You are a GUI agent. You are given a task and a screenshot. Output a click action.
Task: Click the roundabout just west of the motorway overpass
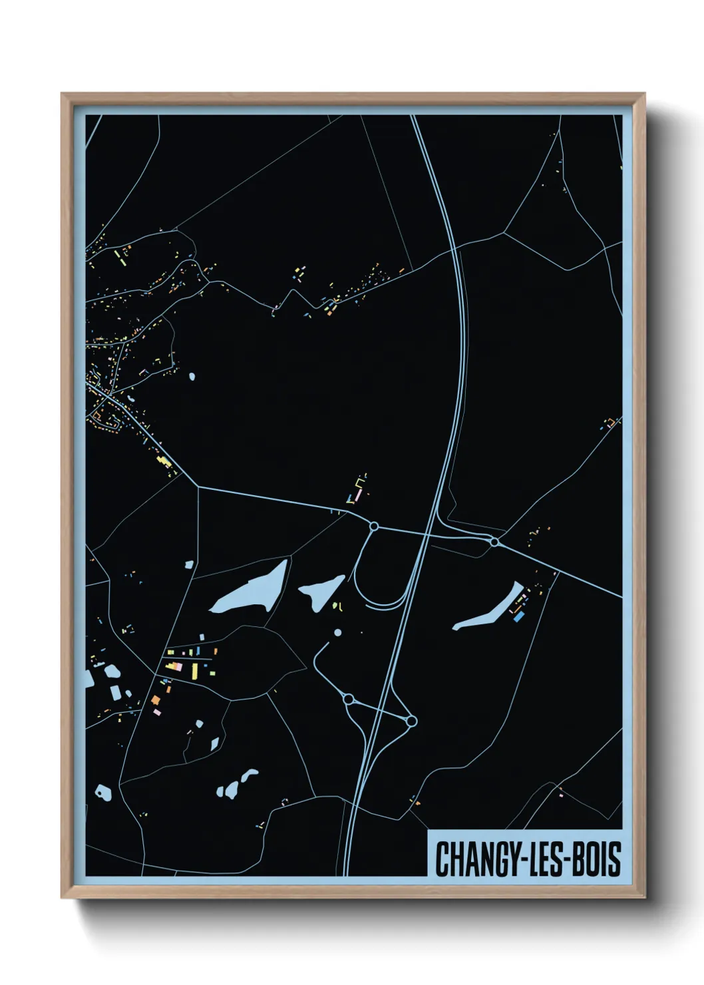click(x=374, y=526)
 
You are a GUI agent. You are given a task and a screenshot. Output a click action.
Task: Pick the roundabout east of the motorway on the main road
click(x=494, y=542)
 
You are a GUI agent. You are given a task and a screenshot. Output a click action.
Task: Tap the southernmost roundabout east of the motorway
click(x=411, y=721)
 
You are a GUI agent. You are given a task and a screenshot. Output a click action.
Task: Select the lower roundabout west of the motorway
click(x=347, y=699)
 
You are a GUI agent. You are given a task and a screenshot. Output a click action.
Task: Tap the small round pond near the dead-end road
click(x=337, y=632)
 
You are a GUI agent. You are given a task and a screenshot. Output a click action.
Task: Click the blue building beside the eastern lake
click(x=518, y=617)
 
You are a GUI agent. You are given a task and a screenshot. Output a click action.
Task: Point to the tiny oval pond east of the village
click(x=192, y=377)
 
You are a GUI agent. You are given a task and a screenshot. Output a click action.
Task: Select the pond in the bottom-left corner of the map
click(x=102, y=792)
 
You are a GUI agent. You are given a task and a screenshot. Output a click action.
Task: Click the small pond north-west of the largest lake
click(x=189, y=564)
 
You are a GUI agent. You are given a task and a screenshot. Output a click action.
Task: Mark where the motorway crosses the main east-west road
click(x=428, y=533)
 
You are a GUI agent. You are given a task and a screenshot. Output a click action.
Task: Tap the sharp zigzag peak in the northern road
click(x=291, y=292)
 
